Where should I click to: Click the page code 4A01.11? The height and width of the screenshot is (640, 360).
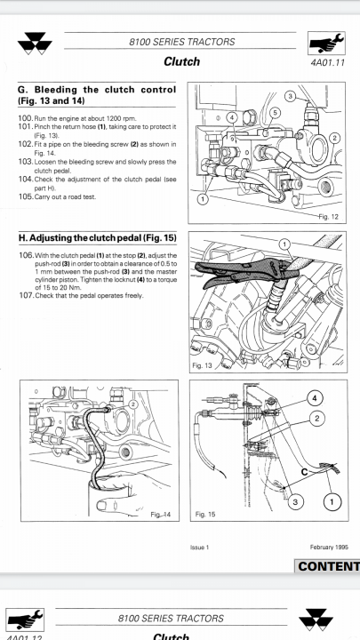click(x=327, y=63)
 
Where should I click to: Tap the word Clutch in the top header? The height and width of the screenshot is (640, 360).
click(x=181, y=61)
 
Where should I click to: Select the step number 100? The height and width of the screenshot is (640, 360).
click(x=25, y=119)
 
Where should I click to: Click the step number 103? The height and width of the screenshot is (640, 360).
click(x=25, y=162)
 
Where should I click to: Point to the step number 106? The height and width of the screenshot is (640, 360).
click(x=26, y=255)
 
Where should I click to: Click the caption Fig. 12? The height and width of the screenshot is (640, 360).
click(x=329, y=217)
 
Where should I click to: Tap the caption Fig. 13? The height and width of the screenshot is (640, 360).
click(x=202, y=365)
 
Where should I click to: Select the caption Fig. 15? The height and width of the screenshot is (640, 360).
click(x=205, y=515)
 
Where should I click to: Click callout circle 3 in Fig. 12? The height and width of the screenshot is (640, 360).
click(x=290, y=96)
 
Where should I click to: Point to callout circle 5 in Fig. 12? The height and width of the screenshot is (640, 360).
click(x=275, y=112)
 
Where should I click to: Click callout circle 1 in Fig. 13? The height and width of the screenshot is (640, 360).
click(x=285, y=245)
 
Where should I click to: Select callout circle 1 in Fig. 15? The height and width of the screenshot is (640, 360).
click(x=332, y=501)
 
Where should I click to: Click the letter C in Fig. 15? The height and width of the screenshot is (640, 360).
click(x=305, y=472)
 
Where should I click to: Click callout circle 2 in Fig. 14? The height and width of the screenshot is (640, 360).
click(x=133, y=404)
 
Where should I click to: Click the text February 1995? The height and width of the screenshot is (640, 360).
click(x=329, y=547)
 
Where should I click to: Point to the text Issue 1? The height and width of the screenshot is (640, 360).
click(x=200, y=548)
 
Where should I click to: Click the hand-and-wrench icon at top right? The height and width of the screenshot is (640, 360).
click(x=326, y=44)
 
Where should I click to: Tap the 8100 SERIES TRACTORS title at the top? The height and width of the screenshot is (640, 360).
click(x=182, y=42)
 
